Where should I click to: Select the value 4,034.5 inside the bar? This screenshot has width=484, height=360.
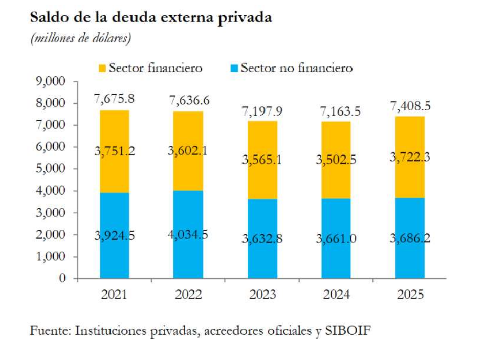pyautogui.click(x=188, y=235)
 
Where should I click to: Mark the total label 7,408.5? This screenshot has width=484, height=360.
pyautogui.click(x=410, y=106)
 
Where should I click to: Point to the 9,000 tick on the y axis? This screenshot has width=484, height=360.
pyautogui.click(x=52, y=81)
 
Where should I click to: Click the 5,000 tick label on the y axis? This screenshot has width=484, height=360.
pyautogui.click(x=52, y=169)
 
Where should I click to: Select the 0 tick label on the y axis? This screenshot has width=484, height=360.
pyautogui.click(x=63, y=279)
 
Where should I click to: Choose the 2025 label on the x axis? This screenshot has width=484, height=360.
pyautogui.click(x=410, y=295)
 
